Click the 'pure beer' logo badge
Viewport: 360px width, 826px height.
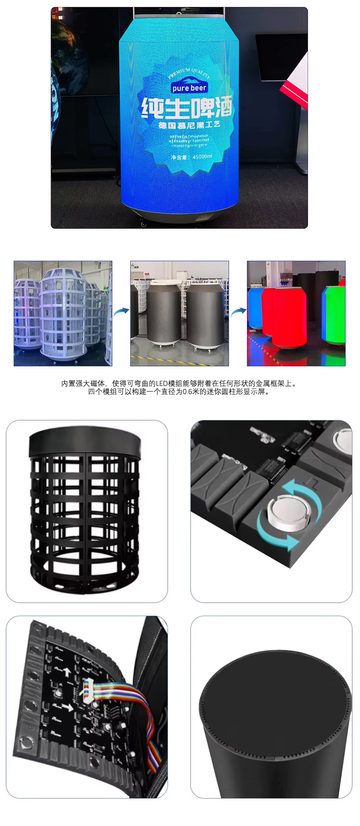tap(189, 88)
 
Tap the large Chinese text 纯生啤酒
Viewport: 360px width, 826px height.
tap(187, 107)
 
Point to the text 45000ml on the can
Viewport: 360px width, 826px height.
tap(202, 156)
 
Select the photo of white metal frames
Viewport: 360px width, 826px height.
tap(63, 313)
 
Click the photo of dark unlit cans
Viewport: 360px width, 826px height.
tap(179, 313)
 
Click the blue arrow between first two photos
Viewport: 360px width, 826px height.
tap(121, 312)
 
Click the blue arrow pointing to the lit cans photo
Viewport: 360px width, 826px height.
tap(238, 312)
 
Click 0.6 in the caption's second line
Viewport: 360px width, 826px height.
tap(187, 392)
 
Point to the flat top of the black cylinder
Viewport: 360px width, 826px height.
tap(274, 701)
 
